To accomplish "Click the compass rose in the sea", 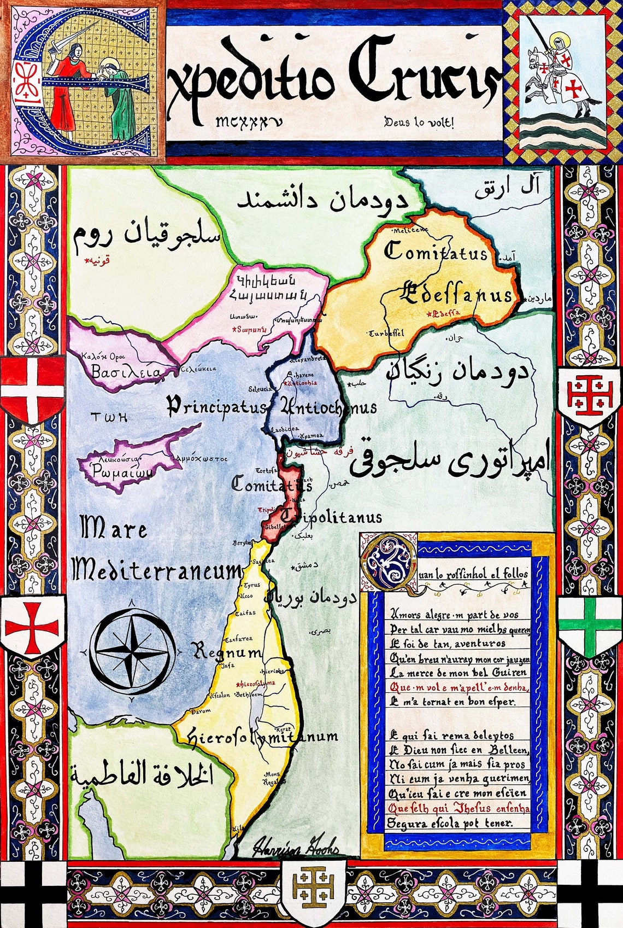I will pos(132,651).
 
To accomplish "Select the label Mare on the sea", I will pos(114,529).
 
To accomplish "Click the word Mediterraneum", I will pos(157,571).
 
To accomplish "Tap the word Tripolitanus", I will pos(333,517).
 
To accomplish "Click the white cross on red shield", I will pos(33,388).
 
